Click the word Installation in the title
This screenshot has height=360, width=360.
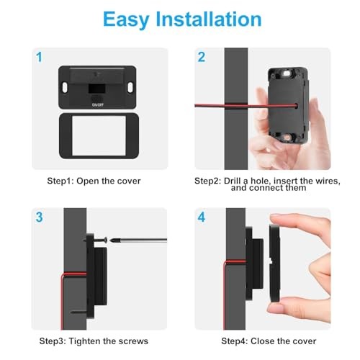pyautogui.click(x=209, y=19)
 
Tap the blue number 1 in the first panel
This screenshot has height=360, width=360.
pyautogui.click(x=39, y=57)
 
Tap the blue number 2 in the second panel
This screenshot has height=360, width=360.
pyautogui.click(x=202, y=57)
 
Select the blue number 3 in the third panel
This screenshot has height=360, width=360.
pyautogui.click(x=39, y=217)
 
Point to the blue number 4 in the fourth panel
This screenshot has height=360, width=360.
pyautogui.click(x=202, y=217)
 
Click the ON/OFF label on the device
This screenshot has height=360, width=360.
pyautogui.click(x=98, y=105)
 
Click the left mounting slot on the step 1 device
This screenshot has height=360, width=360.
pyautogui.click(x=65, y=87)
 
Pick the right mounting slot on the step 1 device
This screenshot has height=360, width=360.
pyautogui.click(x=130, y=87)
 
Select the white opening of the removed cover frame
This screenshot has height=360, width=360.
pyautogui.click(x=99, y=136)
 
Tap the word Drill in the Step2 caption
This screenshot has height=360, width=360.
pyautogui.click(x=232, y=181)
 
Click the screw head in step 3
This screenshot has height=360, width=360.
pyautogui.click(x=106, y=240)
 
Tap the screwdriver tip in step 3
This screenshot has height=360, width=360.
pyautogui.click(x=111, y=240)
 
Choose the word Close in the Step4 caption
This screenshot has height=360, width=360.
pyautogui.click(x=258, y=341)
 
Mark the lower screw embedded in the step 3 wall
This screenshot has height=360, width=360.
pyautogui.click(x=79, y=312)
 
